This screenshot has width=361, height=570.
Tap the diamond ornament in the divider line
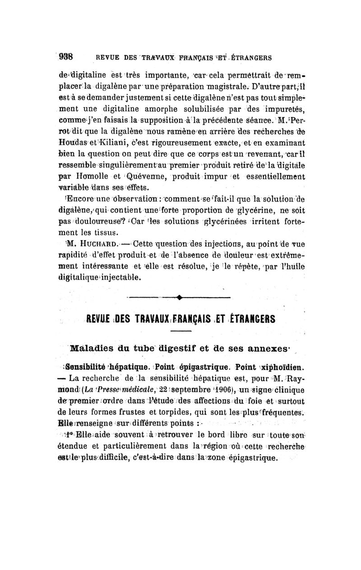coord(180,297)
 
